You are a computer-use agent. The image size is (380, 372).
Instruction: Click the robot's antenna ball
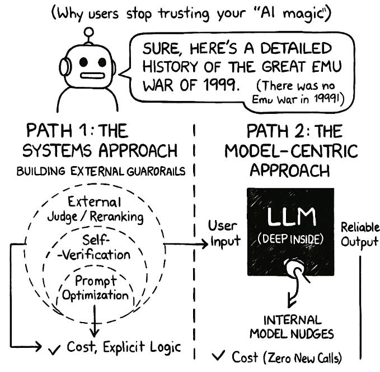click(87, 33)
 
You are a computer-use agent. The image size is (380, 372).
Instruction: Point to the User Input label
click(223, 233)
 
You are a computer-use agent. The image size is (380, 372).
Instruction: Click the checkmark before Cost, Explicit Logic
click(55, 348)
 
